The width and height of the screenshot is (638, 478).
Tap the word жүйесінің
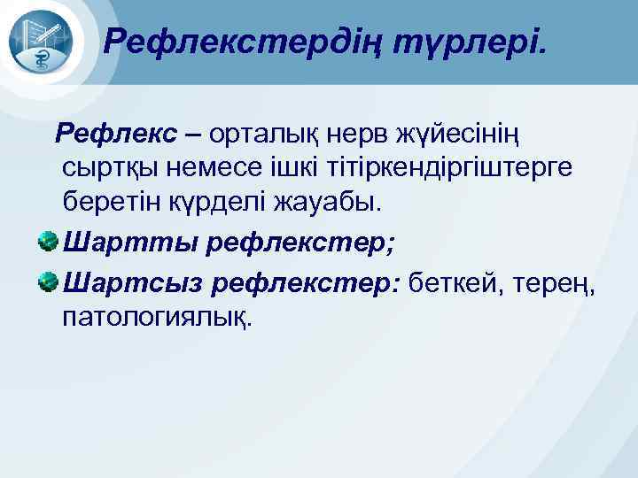coord(468,135)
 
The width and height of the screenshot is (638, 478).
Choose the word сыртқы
coord(112,169)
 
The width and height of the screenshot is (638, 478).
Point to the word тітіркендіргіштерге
coord(463,169)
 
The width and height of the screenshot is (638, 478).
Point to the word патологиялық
coord(157,316)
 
